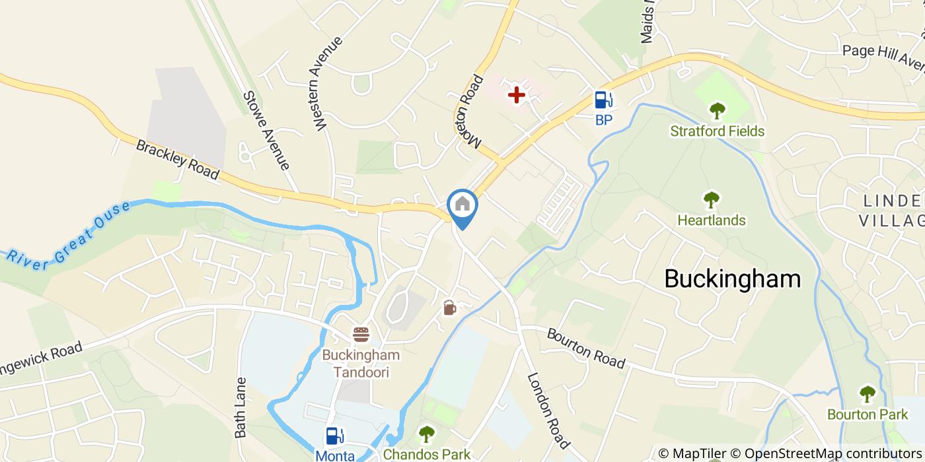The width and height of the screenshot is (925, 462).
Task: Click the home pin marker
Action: (462, 205)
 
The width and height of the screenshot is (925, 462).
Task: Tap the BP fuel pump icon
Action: (603, 100)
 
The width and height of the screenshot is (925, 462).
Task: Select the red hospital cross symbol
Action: (516, 95)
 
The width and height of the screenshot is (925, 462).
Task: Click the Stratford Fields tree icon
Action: (717, 110)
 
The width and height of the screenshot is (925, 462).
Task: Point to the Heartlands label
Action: (712, 220)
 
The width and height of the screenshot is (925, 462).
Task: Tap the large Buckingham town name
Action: (732, 279)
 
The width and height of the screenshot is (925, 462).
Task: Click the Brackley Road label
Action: (177, 159)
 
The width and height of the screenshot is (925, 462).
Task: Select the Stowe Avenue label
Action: (266, 130)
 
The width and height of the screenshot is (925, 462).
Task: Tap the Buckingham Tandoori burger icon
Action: (361, 334)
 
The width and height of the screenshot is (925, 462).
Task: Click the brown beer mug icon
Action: (449, 308)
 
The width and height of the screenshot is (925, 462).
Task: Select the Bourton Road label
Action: (585, 348)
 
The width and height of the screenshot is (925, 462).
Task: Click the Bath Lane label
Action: (240, 407)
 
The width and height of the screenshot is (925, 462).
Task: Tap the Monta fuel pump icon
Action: (335, 436)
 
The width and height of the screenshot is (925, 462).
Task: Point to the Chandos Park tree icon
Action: (427, 434)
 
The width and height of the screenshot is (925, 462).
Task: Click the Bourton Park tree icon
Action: (867, 394)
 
